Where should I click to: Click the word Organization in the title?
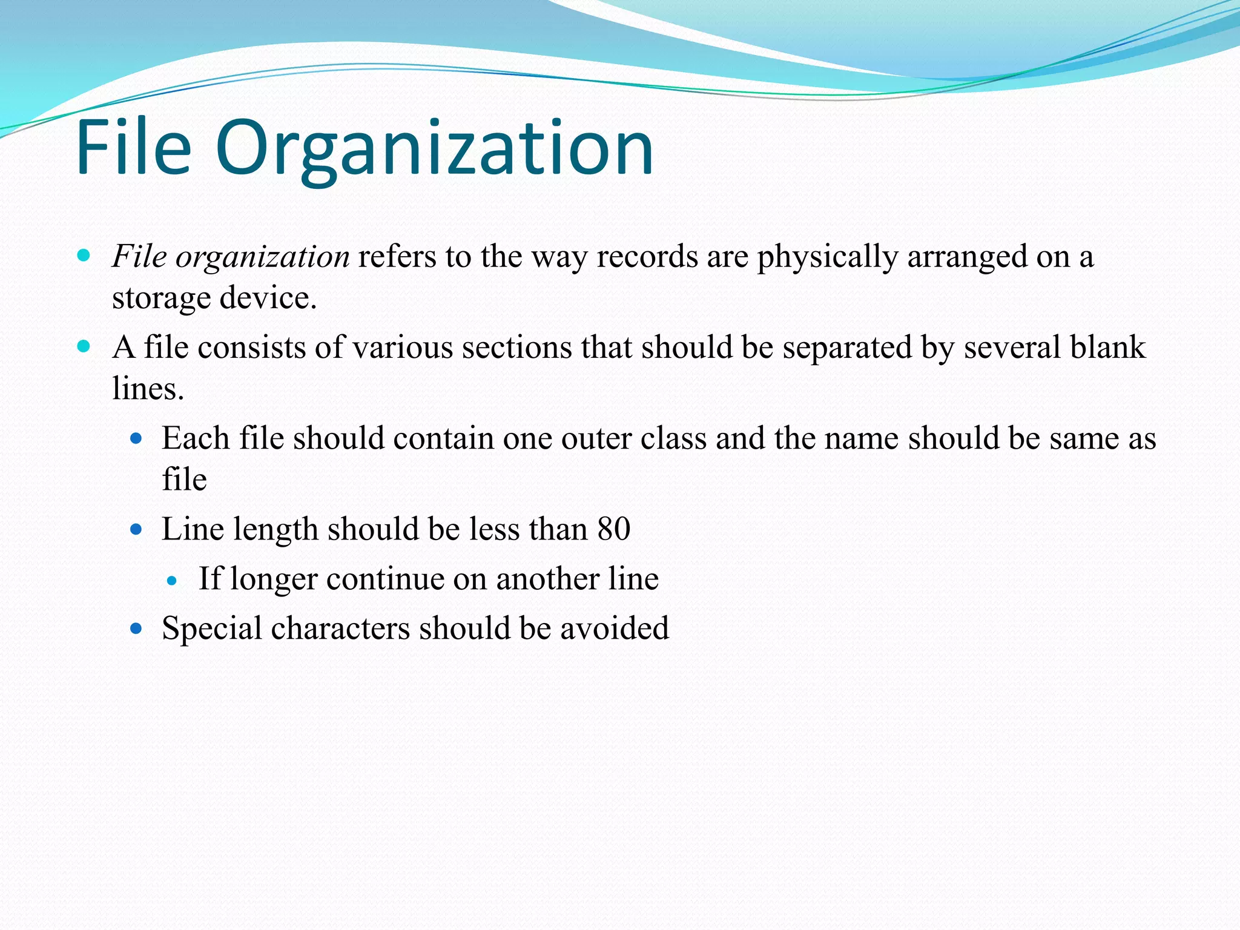(x=434, y=148)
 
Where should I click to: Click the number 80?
(x=613, y=529)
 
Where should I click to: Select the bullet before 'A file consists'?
(x=84, y=347)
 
